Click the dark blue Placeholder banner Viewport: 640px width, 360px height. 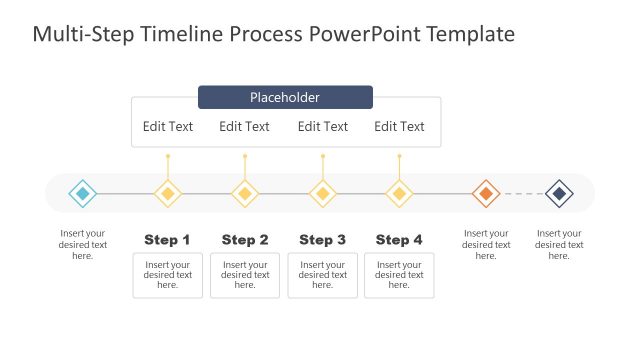pos(285,97)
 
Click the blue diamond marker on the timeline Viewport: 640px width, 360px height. pos(83,193)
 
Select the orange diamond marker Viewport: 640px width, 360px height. pos(485,193)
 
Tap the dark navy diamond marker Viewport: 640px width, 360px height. pos(559,193)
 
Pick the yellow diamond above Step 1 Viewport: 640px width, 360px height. pos(168,193)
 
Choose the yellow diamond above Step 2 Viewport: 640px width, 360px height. pos(245,193)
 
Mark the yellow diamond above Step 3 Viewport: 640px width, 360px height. pos(322,193)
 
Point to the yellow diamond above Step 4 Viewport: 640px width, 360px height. pos(399,193)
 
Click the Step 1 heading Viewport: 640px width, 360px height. pos(167,240)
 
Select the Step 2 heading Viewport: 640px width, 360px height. pos(245,240)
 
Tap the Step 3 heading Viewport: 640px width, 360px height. pos(322,240)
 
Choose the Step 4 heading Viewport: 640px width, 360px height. pos(399,240)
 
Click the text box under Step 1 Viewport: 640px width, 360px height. pos(168,275)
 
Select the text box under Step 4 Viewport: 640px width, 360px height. pos(399,275)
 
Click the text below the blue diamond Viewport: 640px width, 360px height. pos(83,245)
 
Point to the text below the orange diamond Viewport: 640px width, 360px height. pos(485,245)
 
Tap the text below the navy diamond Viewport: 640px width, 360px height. pos(560,245)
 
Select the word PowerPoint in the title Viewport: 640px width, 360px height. pos(364,35)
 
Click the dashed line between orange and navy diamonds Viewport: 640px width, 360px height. pos(522,193)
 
